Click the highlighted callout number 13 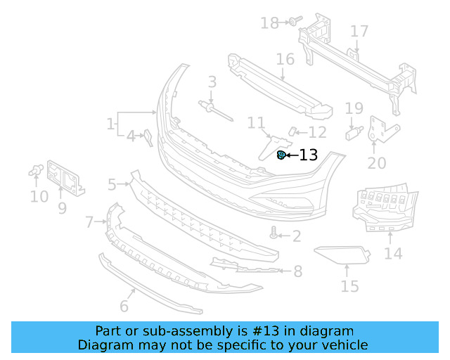(x=309, y=155)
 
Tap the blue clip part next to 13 (x=281, y=155)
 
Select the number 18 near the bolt (x=269, y=23)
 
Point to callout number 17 (x=359, y=32)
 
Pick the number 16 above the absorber (x=285, y=58)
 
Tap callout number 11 (x=255, y=123)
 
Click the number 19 (x=354, y=108)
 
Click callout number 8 (x=297, y=271)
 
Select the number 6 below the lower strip (x=124, y=305)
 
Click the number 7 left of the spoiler (x=89, y=223)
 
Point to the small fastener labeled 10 (x=37, y=169)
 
